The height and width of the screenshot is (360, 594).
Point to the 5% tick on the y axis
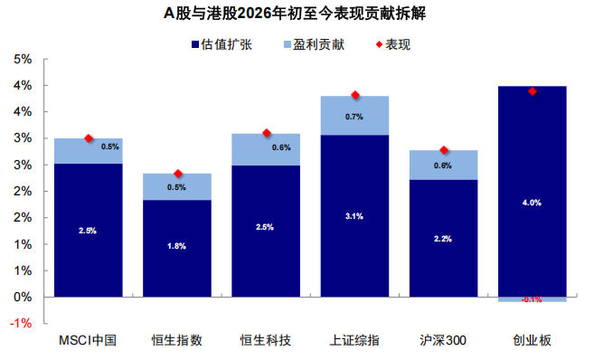tap(23, 60)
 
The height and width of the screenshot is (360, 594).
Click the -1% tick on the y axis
tap(21, 323)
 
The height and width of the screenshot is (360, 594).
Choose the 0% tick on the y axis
tap(23, 297)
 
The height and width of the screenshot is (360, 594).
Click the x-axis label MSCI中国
tap(88, 341)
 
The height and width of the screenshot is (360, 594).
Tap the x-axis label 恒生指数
tap(177, 341)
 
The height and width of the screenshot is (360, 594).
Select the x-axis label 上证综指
tap(354, 341)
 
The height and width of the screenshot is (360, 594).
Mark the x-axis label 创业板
tap(532, 341)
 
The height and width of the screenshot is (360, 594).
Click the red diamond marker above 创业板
tap(533, 91)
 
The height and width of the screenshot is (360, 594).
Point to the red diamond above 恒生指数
tap(178, 174)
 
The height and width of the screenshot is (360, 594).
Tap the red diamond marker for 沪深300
tap(444, 150)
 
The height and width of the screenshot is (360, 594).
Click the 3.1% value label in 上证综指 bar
tap(354, 215)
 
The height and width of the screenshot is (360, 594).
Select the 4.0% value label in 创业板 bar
tap(533, 203)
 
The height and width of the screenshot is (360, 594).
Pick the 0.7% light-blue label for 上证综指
tap(354, 117)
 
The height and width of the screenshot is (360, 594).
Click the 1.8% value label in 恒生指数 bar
tap(177, 246)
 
